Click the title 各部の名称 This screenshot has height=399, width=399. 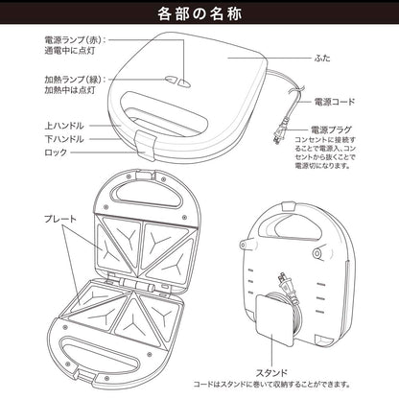(x=199, y=13)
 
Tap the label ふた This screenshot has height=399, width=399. (x=322, y=59)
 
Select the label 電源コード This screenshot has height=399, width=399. (x=335, y=102)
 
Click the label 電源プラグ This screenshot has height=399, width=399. (x=331, y=129)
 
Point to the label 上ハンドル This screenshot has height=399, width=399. (x=64, y=126)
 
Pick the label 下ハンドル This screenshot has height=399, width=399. (x=64, y=139)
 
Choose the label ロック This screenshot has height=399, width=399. (x=56, y=153)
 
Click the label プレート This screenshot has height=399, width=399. (x=60, y=219)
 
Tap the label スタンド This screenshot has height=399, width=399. (x=271, y=373)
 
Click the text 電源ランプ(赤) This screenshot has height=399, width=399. (x=73, y=40)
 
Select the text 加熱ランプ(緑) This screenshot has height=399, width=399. (x=73, y=80)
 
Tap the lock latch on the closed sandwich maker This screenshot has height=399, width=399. (x=144, y=146)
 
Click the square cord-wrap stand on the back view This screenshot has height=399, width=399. (x=275, y=320)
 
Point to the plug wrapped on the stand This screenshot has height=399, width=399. (x=288, y=287)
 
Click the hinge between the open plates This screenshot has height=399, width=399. (x=137, y=284)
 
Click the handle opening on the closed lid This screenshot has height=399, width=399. (x=164, y=113)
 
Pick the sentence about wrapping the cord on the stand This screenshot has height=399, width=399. (x=271, y=385)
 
